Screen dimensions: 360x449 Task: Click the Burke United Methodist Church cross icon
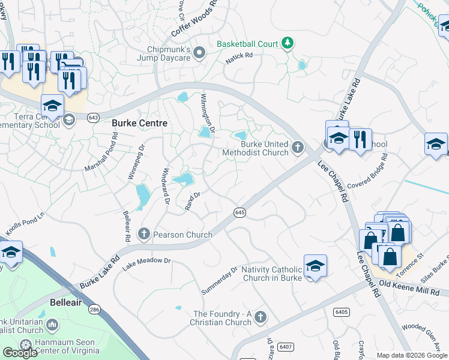(x=297, y=148)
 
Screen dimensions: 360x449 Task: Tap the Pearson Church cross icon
(x=144, y=233)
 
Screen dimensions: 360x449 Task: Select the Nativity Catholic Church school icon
(x=315, y=266)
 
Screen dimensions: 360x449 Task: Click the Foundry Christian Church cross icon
(x=260, y=316)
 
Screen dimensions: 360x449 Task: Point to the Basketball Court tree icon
(x=288, y=43)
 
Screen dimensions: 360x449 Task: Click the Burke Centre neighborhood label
(x=139, y=123)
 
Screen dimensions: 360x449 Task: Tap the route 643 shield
(x=92, y=118)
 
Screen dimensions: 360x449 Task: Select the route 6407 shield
(x=286, y=346)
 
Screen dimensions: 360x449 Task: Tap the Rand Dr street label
(x=192, y=200)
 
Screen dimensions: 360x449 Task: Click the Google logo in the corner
(x=20, y=352)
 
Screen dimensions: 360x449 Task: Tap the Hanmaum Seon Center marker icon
(x=25, y=344)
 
